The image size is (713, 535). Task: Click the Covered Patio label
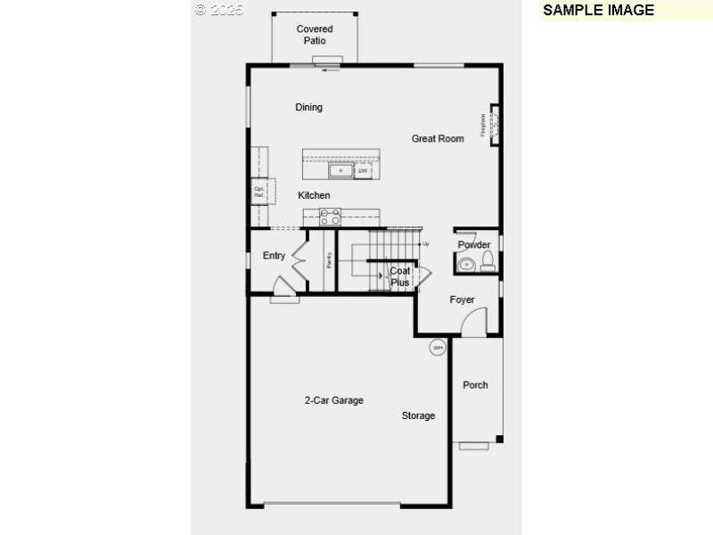[x=314, y=35]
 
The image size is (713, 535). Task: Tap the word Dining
[x=308, y=108]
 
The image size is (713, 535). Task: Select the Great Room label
[x=438, y=138]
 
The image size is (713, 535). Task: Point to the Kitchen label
[x=314, y=195]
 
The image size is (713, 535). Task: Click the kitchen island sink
[x=340, y=170]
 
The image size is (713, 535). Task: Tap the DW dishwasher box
[x=363, y=170]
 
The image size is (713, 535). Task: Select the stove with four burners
[x=330, y=217]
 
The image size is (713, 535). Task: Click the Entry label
[x=274, y=256]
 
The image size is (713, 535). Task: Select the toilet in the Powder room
[x=488, y=261]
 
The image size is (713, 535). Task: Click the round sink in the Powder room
[x=466, y=264]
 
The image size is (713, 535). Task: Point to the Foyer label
[x=462, y=300]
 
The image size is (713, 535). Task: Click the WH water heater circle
[x=438, y=348]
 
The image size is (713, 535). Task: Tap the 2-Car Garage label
[x=333, y=400]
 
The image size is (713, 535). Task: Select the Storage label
[x=418, y=416]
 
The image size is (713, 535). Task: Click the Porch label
[x=475, y=385]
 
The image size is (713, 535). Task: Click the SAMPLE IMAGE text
[x=598, y=11]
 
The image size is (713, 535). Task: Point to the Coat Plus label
[x=400, y=276]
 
